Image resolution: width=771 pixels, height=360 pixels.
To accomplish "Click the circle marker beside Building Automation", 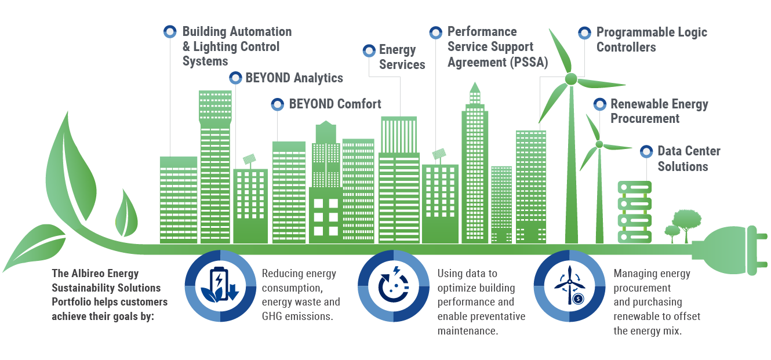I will [x=169, y=32].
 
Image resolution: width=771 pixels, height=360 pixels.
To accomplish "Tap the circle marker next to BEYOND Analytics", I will [x=235, y=78].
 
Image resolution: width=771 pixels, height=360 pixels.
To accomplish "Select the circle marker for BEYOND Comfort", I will [x=277, y=104].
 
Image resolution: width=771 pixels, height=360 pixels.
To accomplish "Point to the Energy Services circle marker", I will [x=369, y=50].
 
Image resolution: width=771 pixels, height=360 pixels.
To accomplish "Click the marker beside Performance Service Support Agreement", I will [x=436, y=32].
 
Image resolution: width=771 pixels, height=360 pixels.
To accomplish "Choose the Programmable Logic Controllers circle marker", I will [x=585, y=32].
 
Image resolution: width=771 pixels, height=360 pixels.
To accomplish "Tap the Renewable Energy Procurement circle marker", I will [x=600, y=104].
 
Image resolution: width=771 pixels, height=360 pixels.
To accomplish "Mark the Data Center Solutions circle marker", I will [x=646, y=151].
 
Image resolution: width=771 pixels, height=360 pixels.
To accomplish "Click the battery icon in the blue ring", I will [x=221, y=286].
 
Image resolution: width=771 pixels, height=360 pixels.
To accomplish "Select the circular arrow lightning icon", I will [x=394, y=286].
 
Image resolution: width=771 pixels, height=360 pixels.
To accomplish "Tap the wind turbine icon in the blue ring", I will [x=570, y=286].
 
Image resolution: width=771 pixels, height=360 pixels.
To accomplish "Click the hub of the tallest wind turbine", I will [x=570, y=78].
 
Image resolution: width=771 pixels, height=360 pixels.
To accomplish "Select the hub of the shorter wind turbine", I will [x=599, y=144].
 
